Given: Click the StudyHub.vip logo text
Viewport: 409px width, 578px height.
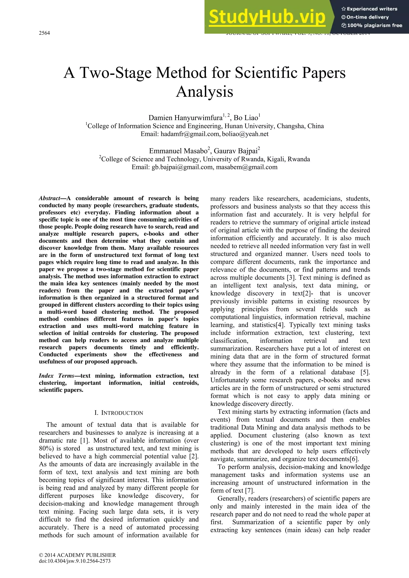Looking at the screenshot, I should tap(267, 17).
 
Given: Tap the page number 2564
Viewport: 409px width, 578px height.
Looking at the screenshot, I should tap(44, 33).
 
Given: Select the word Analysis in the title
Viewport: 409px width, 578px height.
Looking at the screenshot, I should tap(204, 92).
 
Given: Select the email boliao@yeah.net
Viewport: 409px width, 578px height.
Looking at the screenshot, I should tap(245, 134).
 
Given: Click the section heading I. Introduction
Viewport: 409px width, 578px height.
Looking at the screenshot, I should tap(119, 413).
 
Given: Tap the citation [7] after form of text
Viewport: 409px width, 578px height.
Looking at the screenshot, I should tap(250, 491).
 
